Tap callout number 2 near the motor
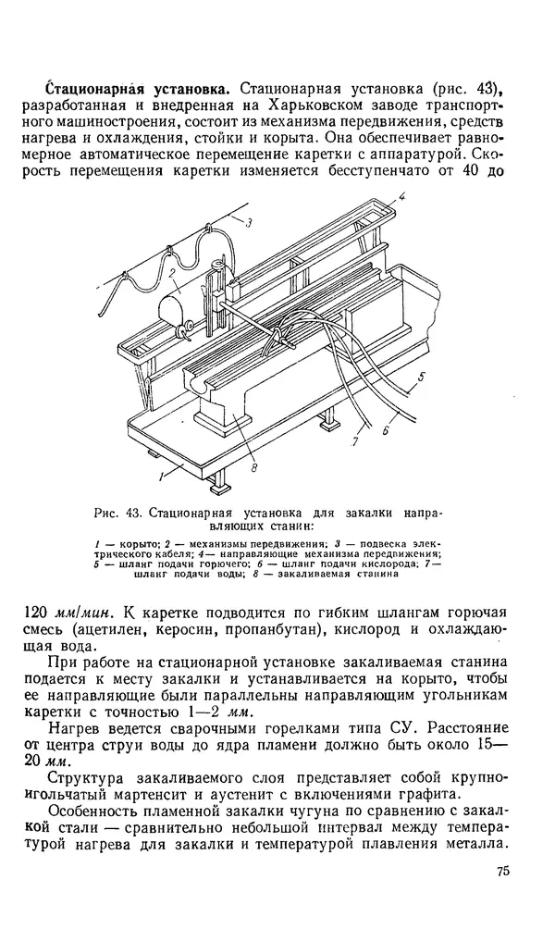click(x=172, y=271)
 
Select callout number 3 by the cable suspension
click(x=249, y=220)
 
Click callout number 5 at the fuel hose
click(x=422, y=377)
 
